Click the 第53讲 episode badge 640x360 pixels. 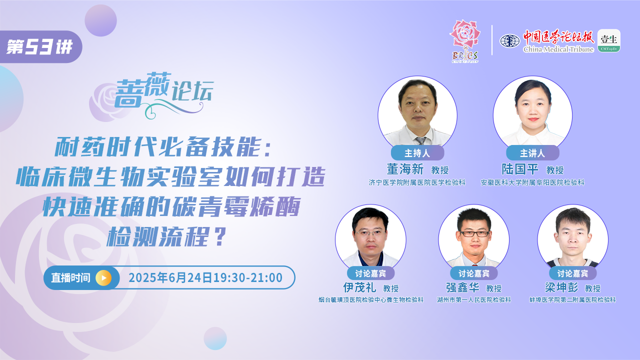pyautogui.click(x=40, y=46)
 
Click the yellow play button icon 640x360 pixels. pyautogui.click(x=103, y=277)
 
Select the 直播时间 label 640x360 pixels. pyautogui.click(x=71, y=277)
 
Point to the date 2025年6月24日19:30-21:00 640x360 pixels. pyautogui.click(x=205, y=277)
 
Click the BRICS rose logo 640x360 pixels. pyautogui.click(x=465, y=41)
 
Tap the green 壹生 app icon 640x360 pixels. pyautogui.click(x=609, y=40)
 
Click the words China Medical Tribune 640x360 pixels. pyautogui.click(x=558, y=49)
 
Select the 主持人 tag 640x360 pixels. pyautogui.click(x=417, y=153)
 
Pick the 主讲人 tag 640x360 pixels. pyautogui.click(x=532, y=153)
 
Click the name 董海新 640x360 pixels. pyautogui.click(x=405, y=169)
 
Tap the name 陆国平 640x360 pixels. pyautogui.click(x=520, y=169)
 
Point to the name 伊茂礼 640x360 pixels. pyautogui.click(x=359, y=287)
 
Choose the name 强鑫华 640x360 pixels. pyautogui.click(x=462, y=287)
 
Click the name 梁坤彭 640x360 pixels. pyautogui.click(x=561, y=287)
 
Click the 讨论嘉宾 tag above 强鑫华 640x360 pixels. pyautogui.click(x=474, y=273)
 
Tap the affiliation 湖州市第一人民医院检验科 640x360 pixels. pyautogui.click(x=474, y=299)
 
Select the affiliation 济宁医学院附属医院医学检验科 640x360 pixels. pyautogui.click(x=417, y=182)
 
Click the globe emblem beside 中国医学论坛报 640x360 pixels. pyautogui.click(x=509, y=41)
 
